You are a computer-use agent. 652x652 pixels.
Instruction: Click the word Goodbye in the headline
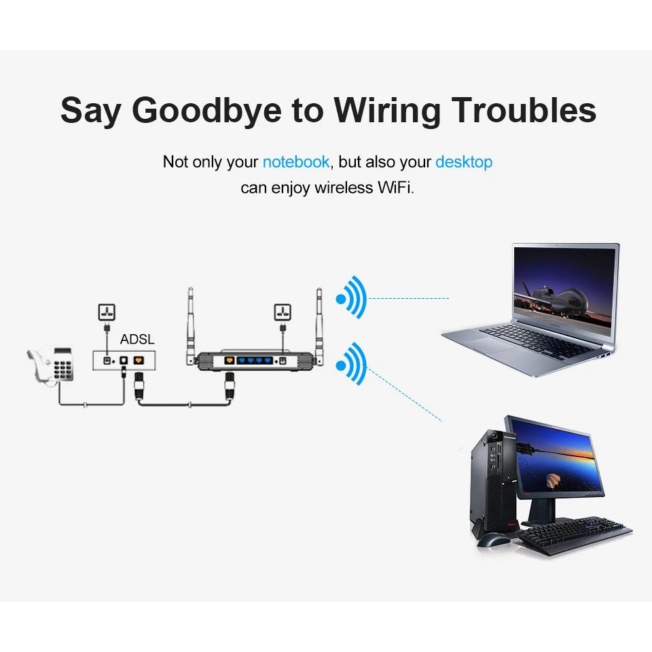pos(206,111)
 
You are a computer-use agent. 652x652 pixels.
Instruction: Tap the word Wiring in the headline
pos(387,111)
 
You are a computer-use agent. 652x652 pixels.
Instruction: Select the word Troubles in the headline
pos(524,110)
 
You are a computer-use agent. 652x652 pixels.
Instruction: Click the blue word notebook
pos(296,162)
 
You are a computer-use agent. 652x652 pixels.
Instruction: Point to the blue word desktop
pos(464,162)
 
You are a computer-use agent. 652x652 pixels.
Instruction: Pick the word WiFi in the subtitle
pos(396,187)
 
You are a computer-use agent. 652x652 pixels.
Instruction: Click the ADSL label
pos(137,340)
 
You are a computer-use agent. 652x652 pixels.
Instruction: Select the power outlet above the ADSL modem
pos(107,312)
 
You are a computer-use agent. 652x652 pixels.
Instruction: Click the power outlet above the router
pos(283,312)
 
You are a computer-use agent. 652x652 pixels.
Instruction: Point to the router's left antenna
pos(190,325)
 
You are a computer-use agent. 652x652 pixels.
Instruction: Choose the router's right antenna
pos(319,325)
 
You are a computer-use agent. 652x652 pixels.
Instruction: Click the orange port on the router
pos(229,361)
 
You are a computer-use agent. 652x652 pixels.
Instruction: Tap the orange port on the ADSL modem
pos(139,360)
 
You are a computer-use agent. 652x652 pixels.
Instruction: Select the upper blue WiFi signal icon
pos(352,297)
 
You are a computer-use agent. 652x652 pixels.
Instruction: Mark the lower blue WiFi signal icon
pos(352,364)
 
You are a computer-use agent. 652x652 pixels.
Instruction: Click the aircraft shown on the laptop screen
pos(553,297)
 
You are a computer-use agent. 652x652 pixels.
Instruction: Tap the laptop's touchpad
pos(487,344)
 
